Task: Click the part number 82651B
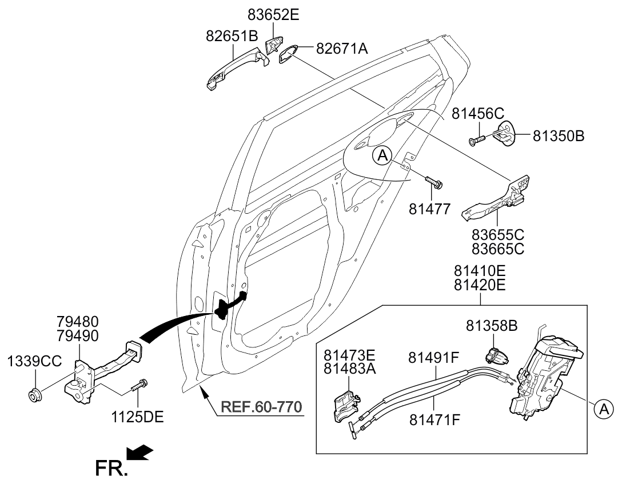coord(232,36)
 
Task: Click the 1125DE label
coord(138,417)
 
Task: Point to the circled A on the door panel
coord(382,154)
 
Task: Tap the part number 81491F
coord(434,358)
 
